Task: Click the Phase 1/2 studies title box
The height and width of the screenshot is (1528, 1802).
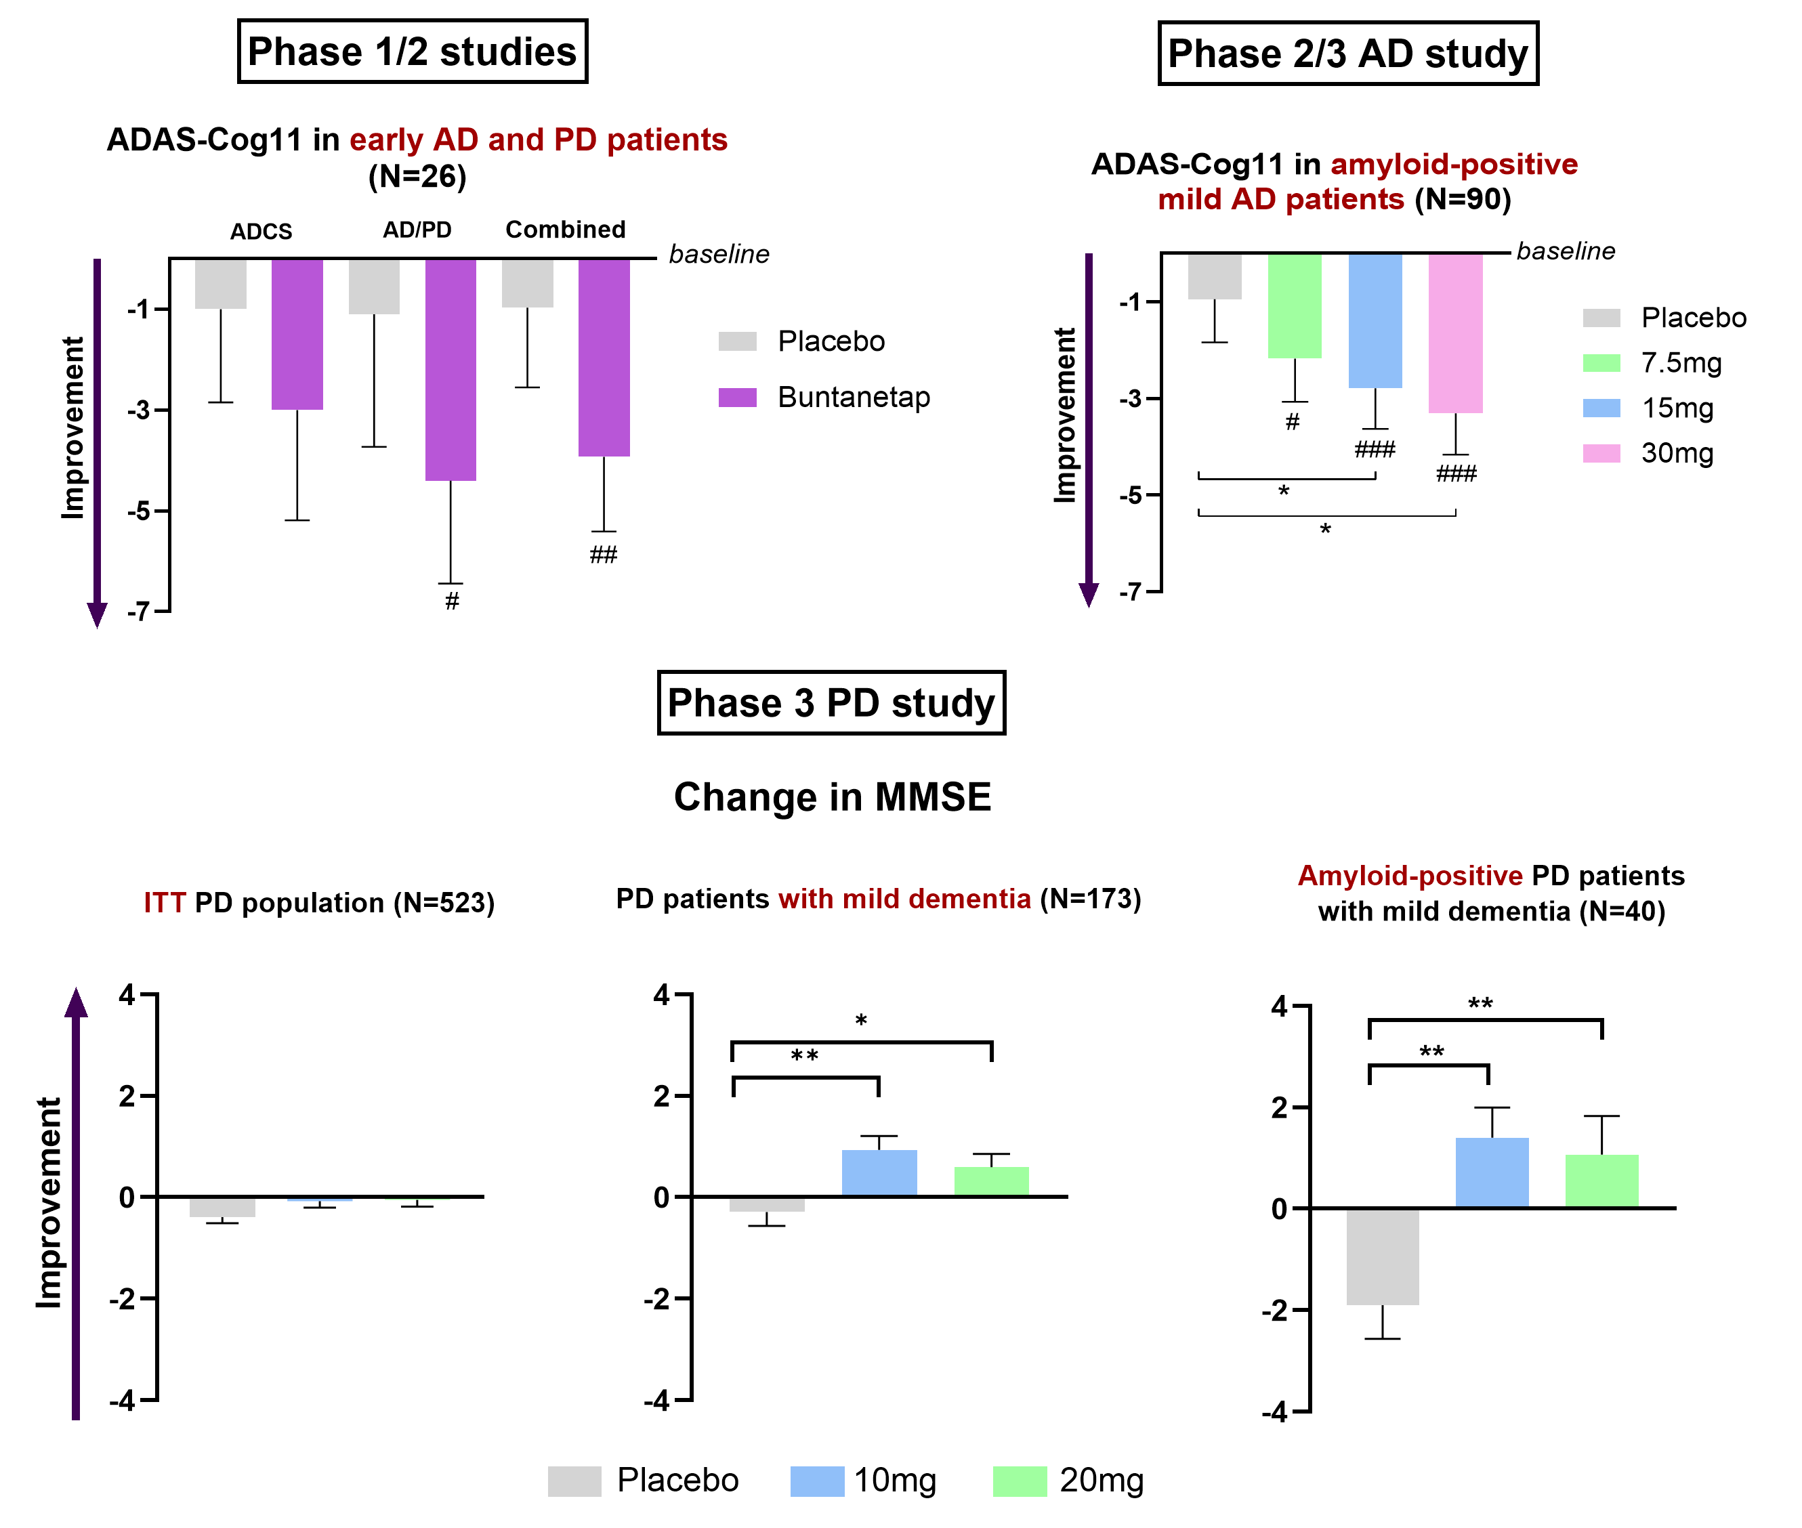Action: tap(413, 52)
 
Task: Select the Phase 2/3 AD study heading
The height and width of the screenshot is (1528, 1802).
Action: tap(1347, 54)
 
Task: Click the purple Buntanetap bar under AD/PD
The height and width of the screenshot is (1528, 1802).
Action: tap(450, 369)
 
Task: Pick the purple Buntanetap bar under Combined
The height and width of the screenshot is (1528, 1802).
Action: tap(604, 357)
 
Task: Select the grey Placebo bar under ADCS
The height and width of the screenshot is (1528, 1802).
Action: tap(221, 283)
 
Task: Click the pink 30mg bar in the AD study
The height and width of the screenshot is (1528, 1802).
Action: tap(1455, 333)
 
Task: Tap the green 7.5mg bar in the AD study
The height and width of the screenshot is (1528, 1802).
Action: tap(1295, 305)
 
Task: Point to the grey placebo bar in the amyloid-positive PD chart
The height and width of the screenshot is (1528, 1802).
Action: tap(1383, 1256)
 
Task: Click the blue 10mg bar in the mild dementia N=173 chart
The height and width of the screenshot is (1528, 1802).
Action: tap(879, 1173)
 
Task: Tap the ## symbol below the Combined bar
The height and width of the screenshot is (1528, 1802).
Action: tap(603, 555)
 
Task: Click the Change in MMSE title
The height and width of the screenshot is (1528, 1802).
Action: tap(833, 797)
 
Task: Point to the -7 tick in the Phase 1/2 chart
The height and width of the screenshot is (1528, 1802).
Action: tap(139, 612)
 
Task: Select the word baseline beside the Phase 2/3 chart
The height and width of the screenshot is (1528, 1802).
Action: tap(1566, 251)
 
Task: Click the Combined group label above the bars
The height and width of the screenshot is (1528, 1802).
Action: tap(565, 230)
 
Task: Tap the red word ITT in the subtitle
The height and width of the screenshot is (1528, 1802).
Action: tap(165, 903)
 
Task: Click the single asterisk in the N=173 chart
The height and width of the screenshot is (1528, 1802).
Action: tap(861, 1021)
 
